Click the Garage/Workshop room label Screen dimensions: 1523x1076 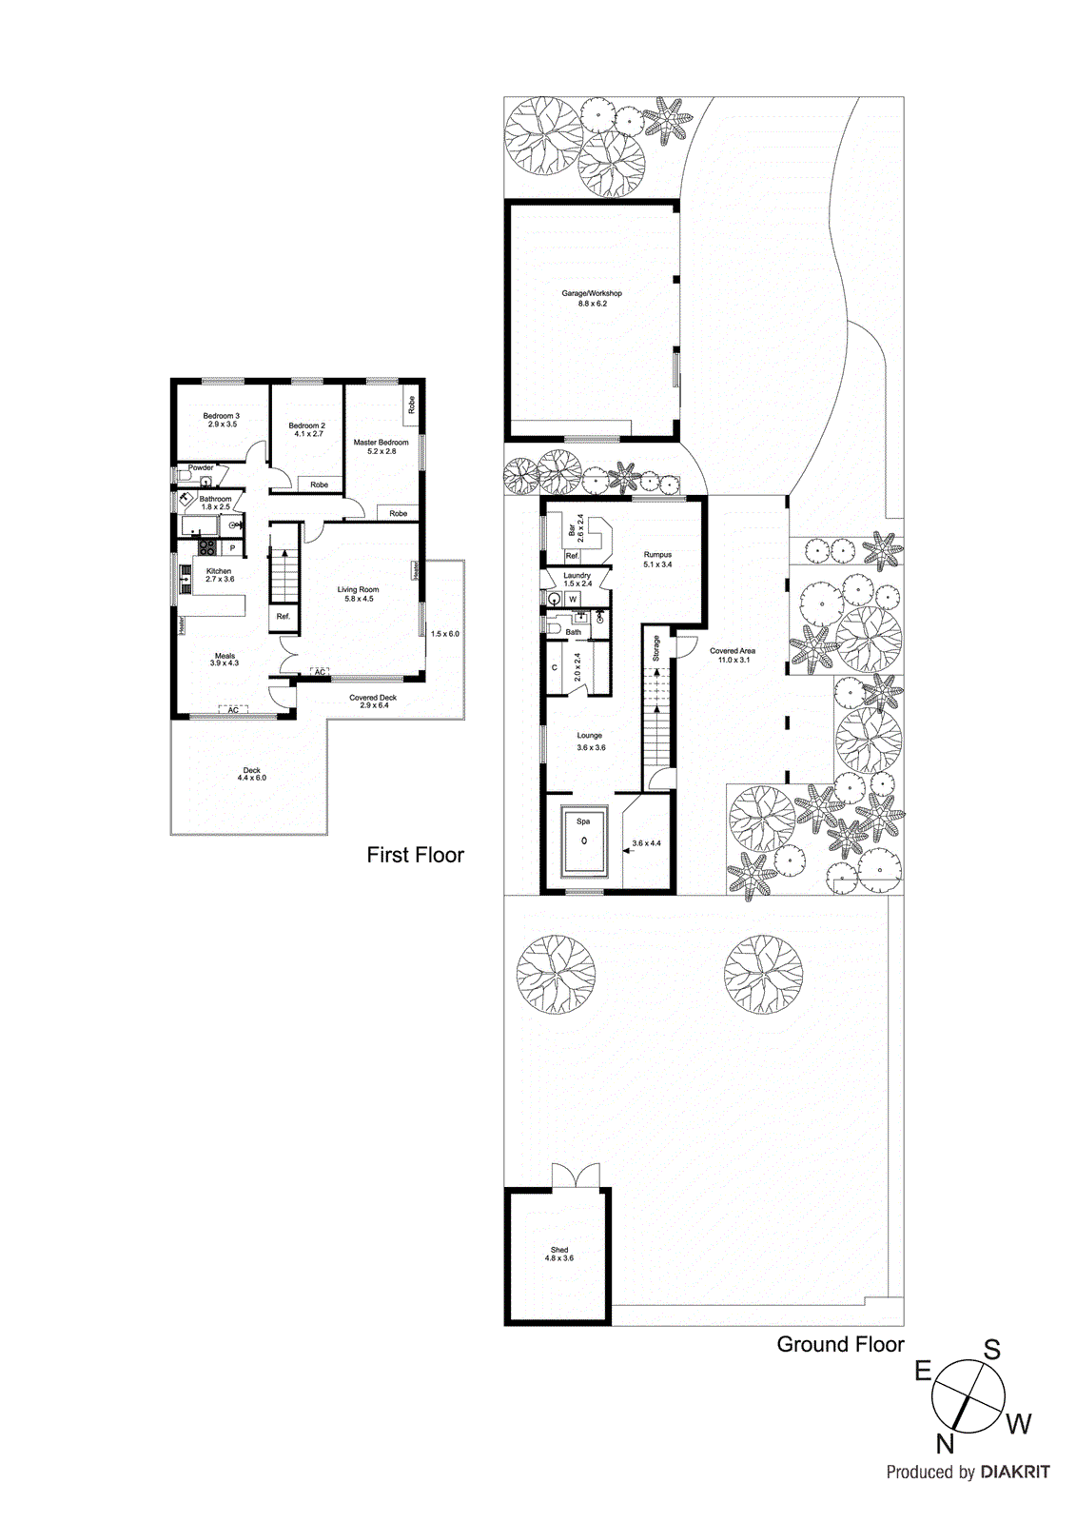592,298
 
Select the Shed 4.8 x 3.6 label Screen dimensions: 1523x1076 559,1255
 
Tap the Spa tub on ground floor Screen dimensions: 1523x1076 583,841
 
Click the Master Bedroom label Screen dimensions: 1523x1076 381,446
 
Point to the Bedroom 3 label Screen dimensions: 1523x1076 221,420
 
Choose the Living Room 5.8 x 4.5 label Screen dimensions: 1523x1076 358,594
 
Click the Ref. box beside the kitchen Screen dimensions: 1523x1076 284,617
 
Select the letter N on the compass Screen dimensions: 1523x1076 945,1444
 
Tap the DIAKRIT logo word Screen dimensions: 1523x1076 1015,1472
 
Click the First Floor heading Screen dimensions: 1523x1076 415,855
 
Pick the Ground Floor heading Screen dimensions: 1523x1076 840,1344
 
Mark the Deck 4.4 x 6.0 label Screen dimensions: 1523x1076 251,774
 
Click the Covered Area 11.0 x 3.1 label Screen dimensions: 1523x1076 732,655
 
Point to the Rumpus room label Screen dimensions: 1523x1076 657,559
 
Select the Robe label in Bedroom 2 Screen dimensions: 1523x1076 320,485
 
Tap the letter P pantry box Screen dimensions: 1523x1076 232,548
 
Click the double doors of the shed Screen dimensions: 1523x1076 576,1176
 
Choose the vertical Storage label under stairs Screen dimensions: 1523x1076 655,648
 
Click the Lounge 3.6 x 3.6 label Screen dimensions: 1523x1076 590,741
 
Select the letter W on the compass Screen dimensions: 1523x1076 1019,1424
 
